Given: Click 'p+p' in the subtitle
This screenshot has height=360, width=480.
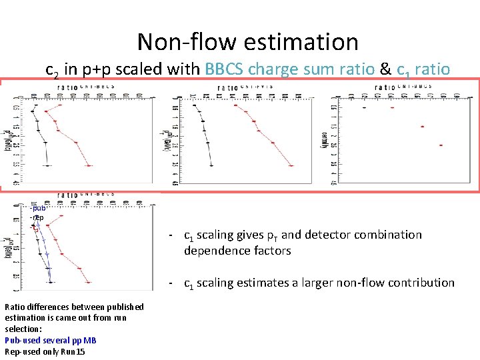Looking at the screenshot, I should [x=96, y=69].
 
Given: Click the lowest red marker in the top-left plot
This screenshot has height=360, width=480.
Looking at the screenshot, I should [x=89, y=165].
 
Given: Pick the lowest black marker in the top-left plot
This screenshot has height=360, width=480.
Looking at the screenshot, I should [x=47, y=165].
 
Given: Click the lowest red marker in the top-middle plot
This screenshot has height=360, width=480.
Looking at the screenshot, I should [x=291, y=164].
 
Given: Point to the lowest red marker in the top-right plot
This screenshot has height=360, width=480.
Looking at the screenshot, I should [x=441, y=145].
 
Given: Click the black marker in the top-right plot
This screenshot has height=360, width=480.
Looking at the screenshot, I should [x=364, y=107].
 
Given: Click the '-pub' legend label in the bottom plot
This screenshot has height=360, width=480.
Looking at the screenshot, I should [x=38, y=208].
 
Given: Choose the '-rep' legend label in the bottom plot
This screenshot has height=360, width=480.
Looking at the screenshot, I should [x=37, y=217].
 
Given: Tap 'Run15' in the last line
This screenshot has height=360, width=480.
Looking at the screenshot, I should [x=71, y=351].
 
